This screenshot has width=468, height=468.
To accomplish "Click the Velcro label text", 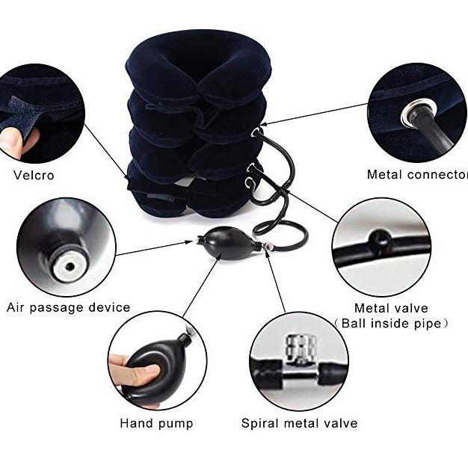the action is (x=34, y=175).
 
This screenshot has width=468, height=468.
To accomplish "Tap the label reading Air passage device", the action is (x=68, y=307).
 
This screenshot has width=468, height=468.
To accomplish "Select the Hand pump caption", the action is (x=156, y=423).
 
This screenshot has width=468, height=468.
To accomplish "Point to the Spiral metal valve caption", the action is (x=299, y=423).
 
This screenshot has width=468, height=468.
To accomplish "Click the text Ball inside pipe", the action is (x=391, y=323).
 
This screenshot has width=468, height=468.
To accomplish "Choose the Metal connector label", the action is (x=417, y=175).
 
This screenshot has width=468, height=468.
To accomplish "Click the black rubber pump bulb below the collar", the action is (x=228, y=243).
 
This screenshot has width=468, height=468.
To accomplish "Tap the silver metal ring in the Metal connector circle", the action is (x=419, y=112).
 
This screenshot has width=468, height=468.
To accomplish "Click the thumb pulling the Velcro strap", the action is (x=11, y=142).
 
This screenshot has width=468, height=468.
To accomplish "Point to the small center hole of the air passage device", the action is (x=70, y=266).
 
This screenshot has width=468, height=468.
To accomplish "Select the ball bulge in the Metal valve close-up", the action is (x=379, y=240).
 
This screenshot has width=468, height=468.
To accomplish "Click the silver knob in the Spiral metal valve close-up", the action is (x=301, y=348).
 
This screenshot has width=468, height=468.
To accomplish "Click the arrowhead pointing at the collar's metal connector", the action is (x=263, y=124).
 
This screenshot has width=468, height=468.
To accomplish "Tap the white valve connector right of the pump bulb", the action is (x=269, y=246).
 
